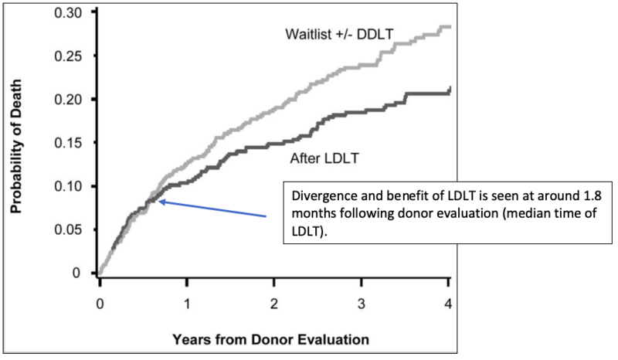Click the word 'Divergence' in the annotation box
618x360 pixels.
point(320,193)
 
